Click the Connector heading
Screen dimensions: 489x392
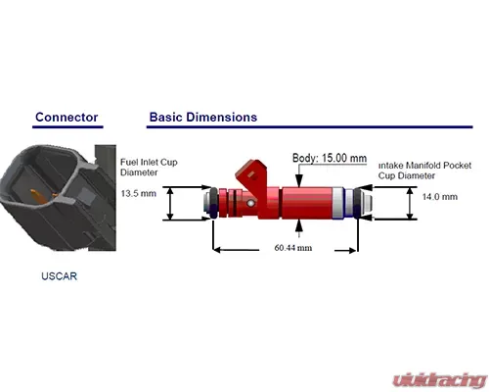67,117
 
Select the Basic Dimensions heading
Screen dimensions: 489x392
203,117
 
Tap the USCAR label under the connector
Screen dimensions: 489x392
59,276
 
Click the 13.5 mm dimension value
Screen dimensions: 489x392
139,193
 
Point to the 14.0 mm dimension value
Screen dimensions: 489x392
440,197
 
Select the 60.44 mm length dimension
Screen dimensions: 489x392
293,248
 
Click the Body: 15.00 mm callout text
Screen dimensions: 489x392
330,158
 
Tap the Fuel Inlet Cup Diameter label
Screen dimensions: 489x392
149,167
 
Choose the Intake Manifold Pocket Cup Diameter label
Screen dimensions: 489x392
424,171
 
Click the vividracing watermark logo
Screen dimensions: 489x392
439,380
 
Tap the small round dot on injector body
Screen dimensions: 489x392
250,203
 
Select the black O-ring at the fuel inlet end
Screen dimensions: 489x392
213,203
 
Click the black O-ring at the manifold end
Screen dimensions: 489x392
357,203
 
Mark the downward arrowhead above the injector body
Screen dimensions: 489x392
298,181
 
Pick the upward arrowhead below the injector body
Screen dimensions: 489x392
298,225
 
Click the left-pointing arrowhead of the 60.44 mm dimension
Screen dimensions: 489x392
218,250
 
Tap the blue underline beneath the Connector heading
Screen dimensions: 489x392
67,126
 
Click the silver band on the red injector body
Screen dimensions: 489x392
337,203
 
